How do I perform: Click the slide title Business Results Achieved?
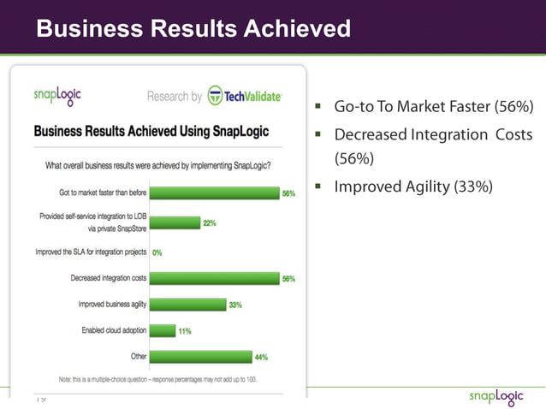click(193, 29)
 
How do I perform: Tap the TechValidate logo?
click(245, 96)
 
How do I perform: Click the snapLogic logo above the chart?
click(57, 93)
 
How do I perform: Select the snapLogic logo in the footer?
click(501, 396)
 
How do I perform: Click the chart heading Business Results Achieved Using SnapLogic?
click(151, 132)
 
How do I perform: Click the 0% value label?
click(157, 252)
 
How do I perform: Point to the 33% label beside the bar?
click(235, 305)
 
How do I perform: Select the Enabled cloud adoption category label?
click(112, 330)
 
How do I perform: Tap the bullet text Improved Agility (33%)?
click(412, 187)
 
